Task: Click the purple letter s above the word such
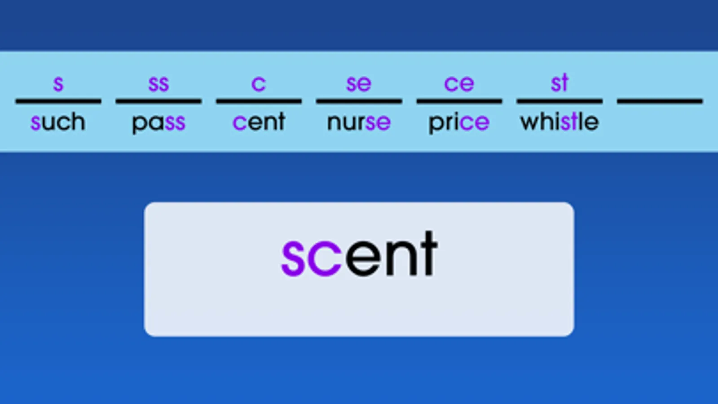[58, 84]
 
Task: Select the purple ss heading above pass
[159, 84]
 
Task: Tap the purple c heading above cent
[259, 84]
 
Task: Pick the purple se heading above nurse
[359, 84]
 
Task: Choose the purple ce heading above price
[459, 84]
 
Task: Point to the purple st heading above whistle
[559, 83]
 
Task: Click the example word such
[58, 121]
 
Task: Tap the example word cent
[259, 122]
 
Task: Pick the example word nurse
[359, 123]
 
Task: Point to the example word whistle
[559, 121]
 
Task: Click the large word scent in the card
[359, 254]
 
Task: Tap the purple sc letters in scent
[311, 258]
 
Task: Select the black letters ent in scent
[392, 254]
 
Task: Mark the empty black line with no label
[660, 101]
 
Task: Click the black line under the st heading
[559, 101]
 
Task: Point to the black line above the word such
[58, 101]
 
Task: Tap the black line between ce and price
[459, 101]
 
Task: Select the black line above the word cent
[259, 101]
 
